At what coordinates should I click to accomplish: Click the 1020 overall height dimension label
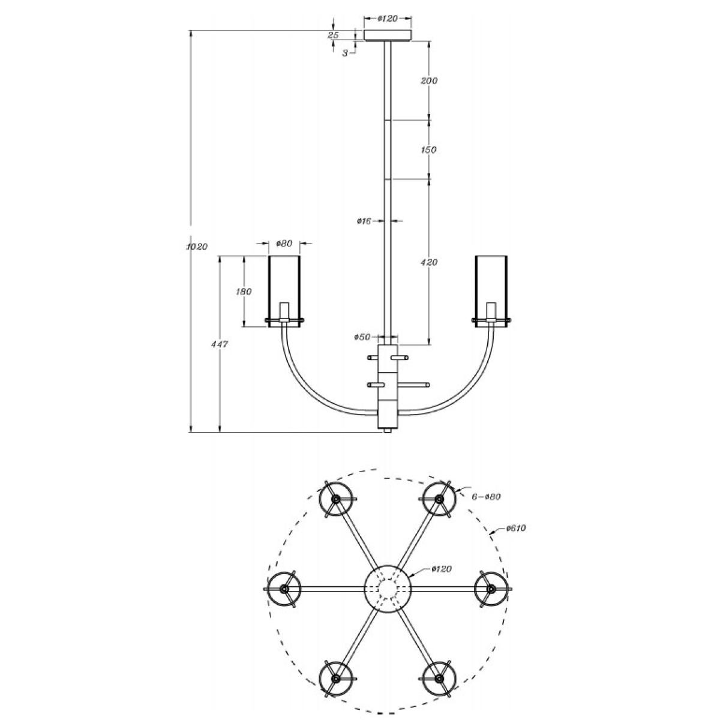pyautogui.click(x=197, y=247)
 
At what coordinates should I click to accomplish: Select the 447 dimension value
pyautogui.click(x=220, y=344)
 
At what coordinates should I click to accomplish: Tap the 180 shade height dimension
pyautogui.click(x=244, y=291)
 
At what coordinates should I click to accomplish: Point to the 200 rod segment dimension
pyautogui.click(x=429, y=80)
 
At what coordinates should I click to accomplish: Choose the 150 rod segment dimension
pyautogui.click(x=428, y=149)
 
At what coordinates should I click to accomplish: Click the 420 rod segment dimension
pyautogui.click(x=428, y=262)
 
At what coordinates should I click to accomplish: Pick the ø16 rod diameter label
pyautogui.click(x=364, y=221)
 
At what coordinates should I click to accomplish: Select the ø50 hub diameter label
pyautogui.click(x=362, y=337)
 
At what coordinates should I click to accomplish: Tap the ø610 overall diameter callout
pyautogui.click(x=516, y=528)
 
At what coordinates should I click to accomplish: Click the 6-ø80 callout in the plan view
pyautogui.click(x=486, y=497)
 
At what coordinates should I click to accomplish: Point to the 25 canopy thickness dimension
pyautogui.click(x=333, y=35)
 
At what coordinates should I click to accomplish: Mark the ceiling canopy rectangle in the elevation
pyautogui.click(x=388, y=35)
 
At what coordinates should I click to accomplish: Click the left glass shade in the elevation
pyautogui.click(x=284, y=292)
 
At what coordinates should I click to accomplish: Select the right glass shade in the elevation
pyautogui.click(x=491, y=292)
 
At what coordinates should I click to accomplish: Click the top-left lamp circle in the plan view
pyautogui.click(x=335, y=499)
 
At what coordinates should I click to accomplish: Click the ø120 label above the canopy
pyautogui.click(x=388, y=19)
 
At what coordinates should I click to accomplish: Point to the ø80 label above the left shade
pyautogui.click(x=284, y=244)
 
